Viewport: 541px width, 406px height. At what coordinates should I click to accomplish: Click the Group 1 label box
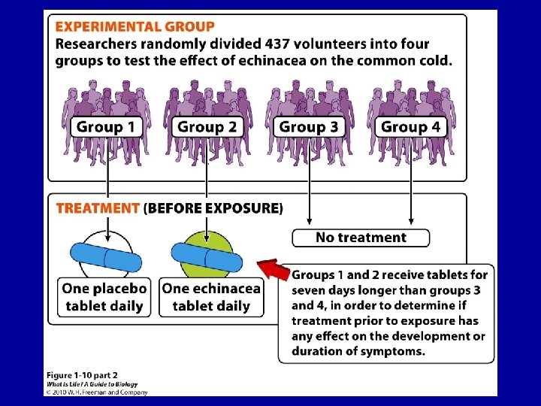point(106,126)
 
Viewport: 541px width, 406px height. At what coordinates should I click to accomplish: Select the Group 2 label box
point(207,126)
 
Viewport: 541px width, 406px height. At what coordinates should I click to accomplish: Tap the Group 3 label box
point(308,126)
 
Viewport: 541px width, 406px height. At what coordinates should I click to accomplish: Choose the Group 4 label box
point(410,126)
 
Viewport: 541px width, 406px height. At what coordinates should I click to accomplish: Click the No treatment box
point(361,238)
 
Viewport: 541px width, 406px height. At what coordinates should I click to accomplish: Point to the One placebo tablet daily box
point(104,296)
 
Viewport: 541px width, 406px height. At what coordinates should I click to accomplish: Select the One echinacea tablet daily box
point(211,296)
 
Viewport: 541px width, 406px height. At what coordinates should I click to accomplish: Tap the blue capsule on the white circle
point(106,258)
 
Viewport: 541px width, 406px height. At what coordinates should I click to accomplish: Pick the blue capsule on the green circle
point(207,258)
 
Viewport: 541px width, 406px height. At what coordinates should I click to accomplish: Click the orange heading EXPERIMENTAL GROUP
point(134,27)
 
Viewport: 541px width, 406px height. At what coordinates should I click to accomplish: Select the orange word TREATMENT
point(98,208)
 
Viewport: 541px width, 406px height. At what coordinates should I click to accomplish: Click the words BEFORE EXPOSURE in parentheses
point(213,208)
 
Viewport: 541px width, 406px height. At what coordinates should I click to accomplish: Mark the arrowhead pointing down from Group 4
point(410,222)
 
